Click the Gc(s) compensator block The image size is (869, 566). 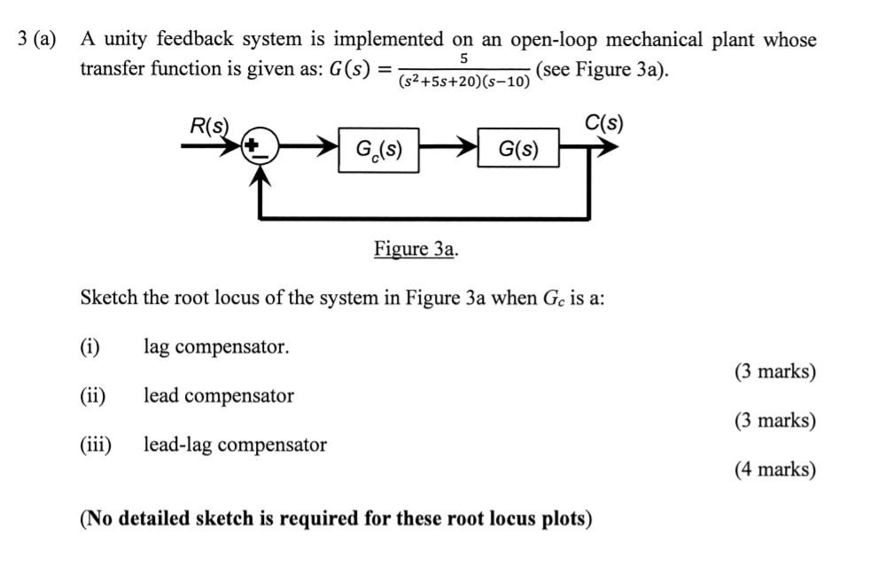[x=378, y=150]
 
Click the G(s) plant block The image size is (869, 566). [x=519, y=150]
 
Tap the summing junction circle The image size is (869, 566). [x=260, y=147]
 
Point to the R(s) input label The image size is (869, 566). [x=209, y=125]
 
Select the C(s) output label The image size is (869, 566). [x=604, y=122]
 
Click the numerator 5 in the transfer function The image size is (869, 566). [x=465, y=58]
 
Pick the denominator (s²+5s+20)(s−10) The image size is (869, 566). [x=465, y=81]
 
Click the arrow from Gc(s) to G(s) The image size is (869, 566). [x=447, y=149]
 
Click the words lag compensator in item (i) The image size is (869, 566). [x=216, y=347]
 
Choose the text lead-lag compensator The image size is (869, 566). [x=235, y=445]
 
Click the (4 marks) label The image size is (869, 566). [x=774, y=469]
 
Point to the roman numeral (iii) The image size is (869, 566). [x=96, y=445]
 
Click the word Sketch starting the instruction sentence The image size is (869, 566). [x=109, y=298]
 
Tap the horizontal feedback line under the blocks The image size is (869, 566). [x=425, y=216]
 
